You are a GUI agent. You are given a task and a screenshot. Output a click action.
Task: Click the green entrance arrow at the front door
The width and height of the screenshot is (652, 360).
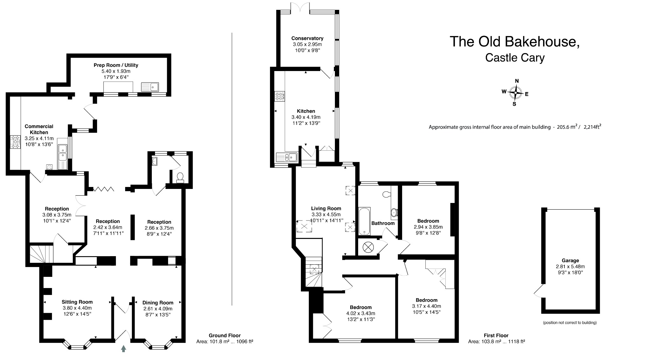click(124, 349)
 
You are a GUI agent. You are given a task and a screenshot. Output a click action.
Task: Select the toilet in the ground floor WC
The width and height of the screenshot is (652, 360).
click(180, 177)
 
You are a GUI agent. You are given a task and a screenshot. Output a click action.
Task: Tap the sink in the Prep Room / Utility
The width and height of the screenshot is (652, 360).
click(150, 86)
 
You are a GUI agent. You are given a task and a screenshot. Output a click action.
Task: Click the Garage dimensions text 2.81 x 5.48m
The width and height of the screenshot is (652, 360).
click(570, 267)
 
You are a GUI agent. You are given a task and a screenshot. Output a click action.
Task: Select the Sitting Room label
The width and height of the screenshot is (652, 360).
click(77, 302)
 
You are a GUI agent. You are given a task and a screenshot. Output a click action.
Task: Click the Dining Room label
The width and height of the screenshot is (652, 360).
click(158, 303)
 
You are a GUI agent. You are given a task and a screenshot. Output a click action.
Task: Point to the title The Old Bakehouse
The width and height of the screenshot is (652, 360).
click(514, 42)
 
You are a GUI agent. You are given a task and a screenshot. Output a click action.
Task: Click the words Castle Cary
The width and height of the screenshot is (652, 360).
click(514, 58)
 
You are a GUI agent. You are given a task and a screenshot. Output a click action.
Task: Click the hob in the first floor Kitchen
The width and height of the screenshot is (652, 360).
click(280, 96)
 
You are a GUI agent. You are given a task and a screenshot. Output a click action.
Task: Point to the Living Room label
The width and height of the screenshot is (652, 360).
click(326, 209)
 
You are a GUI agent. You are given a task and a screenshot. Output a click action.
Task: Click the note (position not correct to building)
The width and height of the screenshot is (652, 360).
click(570, 322)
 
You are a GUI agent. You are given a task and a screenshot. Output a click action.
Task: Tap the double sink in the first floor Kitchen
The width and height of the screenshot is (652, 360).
click(286, 157)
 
